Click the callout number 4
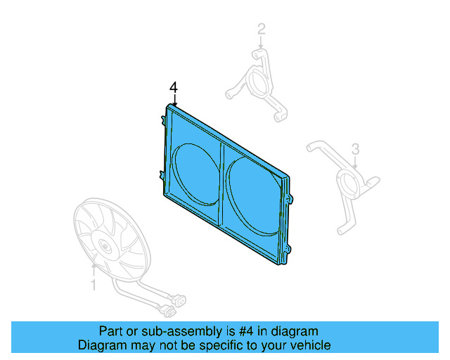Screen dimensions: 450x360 174,87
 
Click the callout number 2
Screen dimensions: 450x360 262,30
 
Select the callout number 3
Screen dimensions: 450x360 356,149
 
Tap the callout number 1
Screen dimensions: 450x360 93,284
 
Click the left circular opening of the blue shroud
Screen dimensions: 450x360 191,169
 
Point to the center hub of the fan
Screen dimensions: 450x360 105,245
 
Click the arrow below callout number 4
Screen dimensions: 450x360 174,100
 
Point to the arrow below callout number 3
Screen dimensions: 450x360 356,163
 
